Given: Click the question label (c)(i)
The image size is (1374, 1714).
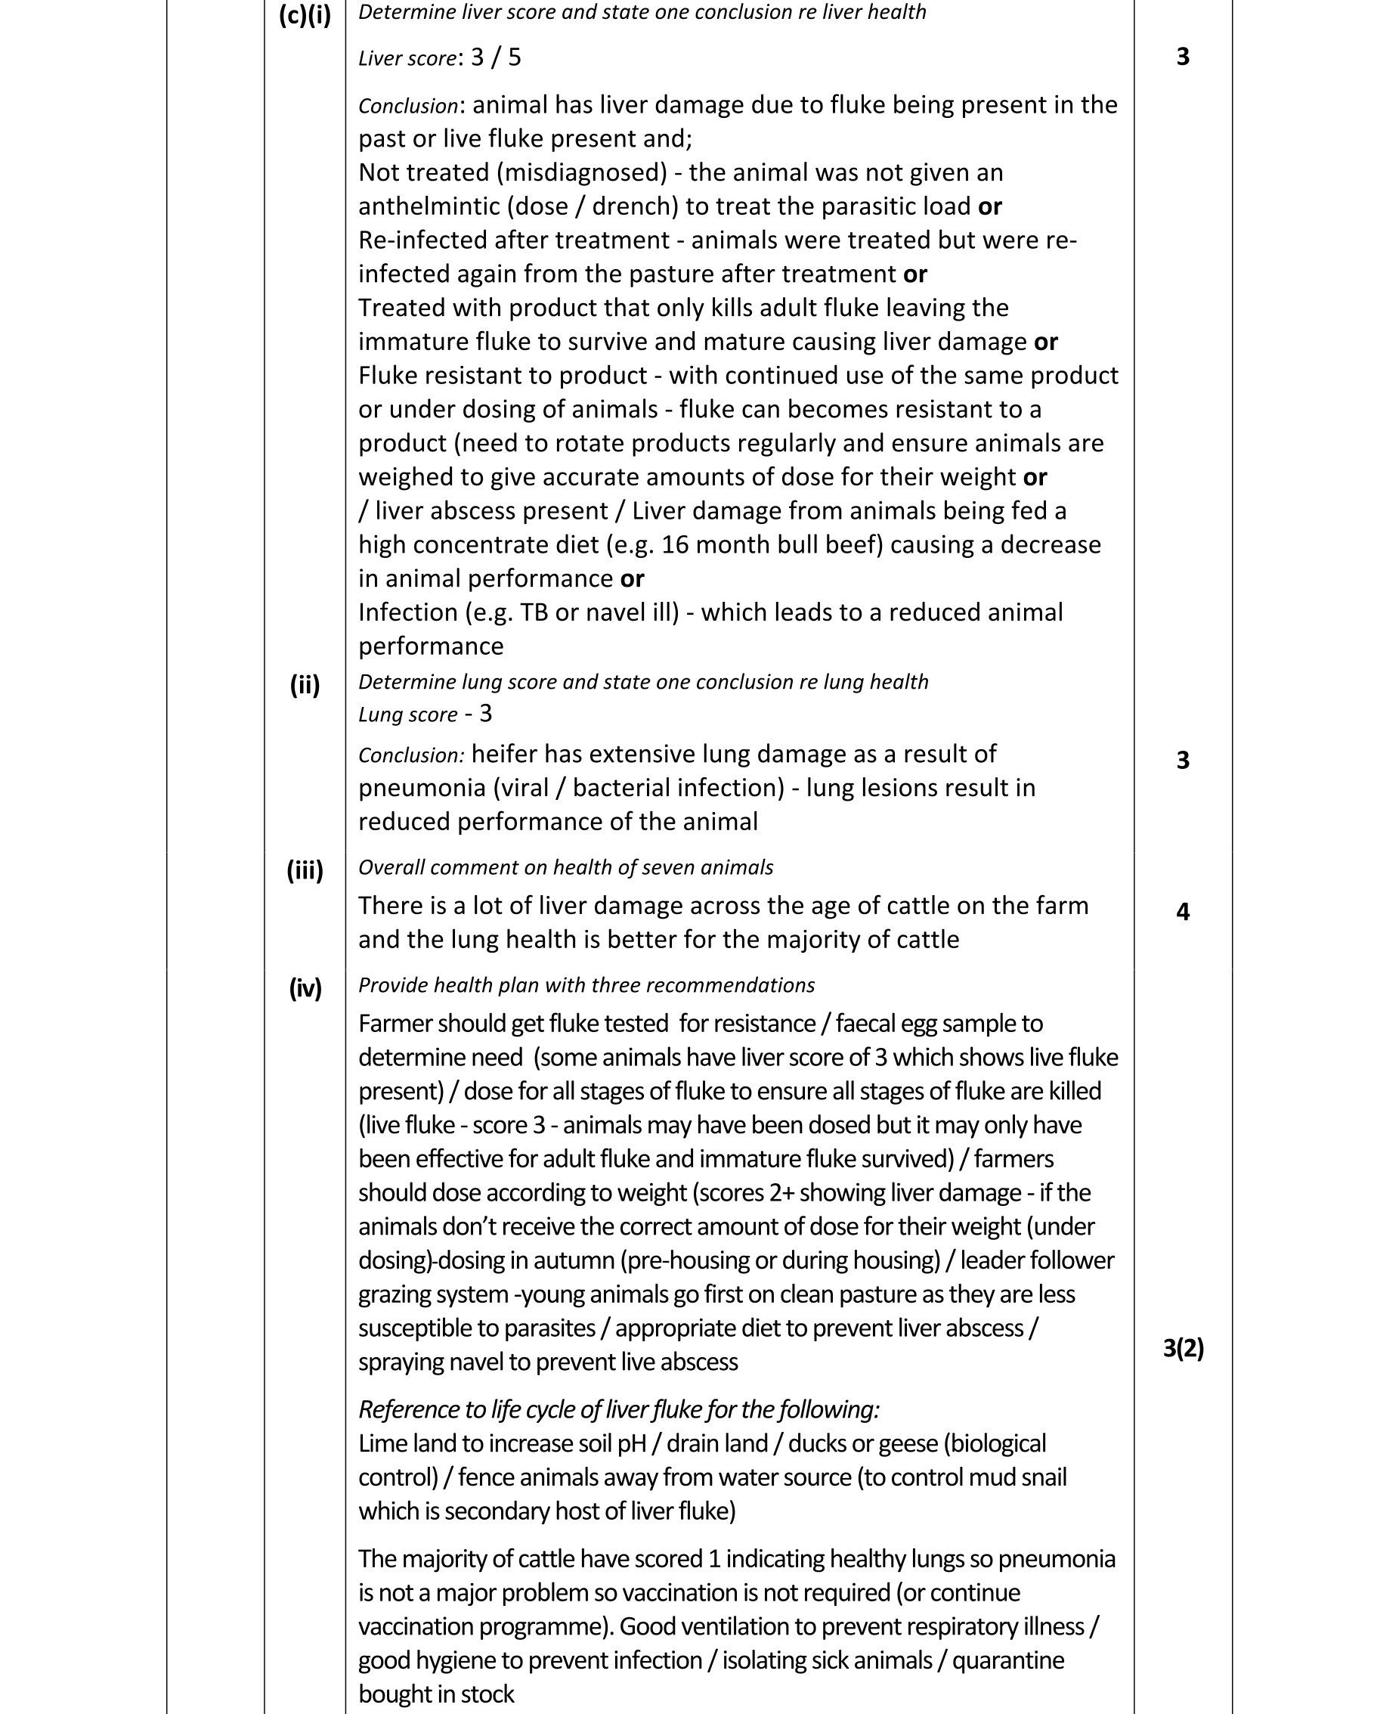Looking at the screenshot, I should pos(305,15).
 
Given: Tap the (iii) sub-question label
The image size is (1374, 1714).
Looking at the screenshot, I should pos(305,869).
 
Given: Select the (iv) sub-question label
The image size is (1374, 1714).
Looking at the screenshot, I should pos(305,988).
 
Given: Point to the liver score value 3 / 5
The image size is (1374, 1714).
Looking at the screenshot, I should pos(496,57).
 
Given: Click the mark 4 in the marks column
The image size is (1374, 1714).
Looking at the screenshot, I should pos(1183,912).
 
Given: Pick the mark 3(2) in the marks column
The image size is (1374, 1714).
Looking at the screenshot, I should pos(1183,1348).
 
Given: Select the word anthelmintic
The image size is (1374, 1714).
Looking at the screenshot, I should pos(429,206).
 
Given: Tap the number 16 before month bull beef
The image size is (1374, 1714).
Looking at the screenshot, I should pos(676,545).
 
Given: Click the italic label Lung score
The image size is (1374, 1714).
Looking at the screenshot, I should pos(407,714).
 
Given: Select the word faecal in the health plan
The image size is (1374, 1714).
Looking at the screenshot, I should pos(870,1024).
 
